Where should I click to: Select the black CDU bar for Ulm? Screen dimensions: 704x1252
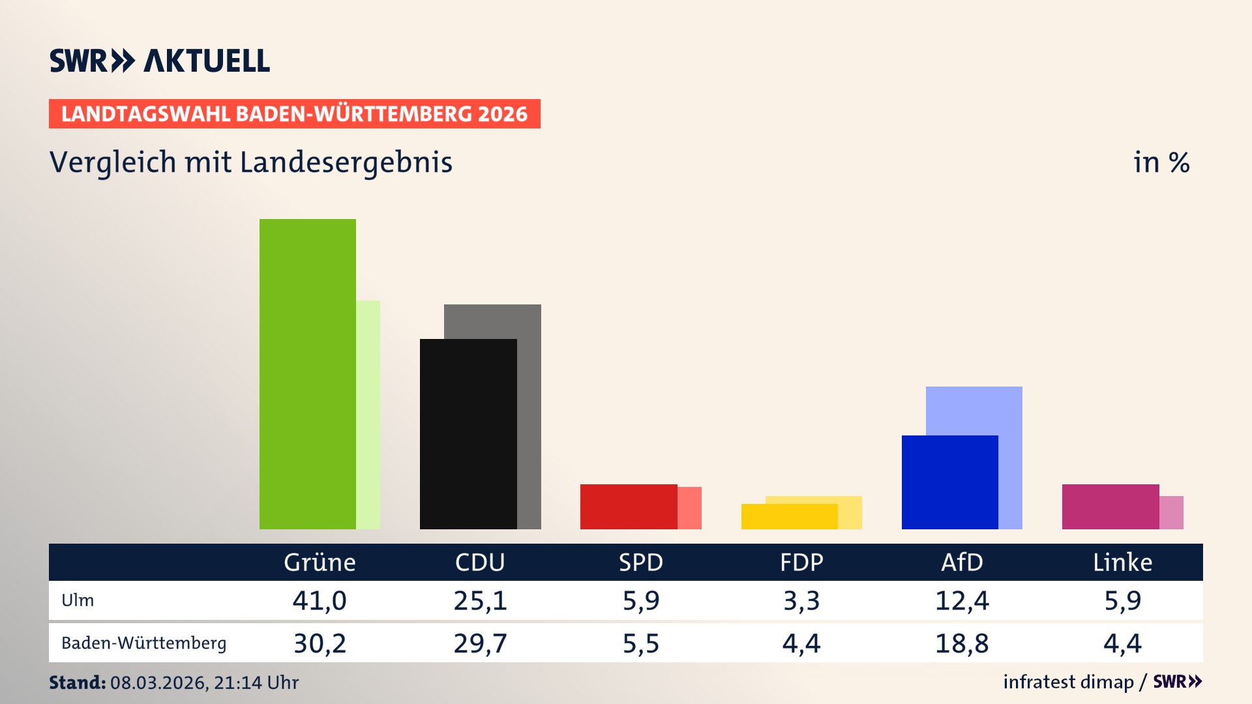tap(468, 433)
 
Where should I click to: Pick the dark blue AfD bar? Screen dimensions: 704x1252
tap(949, 482)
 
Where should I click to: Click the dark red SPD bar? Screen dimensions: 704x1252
tap(629, 506)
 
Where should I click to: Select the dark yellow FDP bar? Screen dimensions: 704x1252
tap(789, 516)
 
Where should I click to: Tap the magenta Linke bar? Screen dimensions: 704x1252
tap(1110, 506)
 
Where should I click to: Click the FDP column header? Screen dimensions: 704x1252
tap(801, 562)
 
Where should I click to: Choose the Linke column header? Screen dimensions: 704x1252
tap(1122, 562)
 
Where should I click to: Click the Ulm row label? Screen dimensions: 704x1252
tap(78, 600)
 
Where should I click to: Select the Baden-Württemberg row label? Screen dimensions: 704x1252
tap(143, 643)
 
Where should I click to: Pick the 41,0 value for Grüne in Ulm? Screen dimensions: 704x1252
tap(320, 600)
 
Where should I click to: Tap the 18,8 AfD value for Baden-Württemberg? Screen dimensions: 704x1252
tap(962, 643)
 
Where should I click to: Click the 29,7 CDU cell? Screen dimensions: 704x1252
tap(480, 643)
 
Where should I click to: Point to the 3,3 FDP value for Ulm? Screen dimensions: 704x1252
tap(801, 600)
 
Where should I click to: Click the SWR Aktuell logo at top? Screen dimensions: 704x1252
tap(160, 61)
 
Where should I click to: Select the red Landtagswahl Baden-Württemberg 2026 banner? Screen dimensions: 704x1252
tap(294, 113)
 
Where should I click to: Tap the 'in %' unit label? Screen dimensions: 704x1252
tap(1161, 162)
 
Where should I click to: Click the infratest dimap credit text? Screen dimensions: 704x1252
tap(1068, 682)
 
